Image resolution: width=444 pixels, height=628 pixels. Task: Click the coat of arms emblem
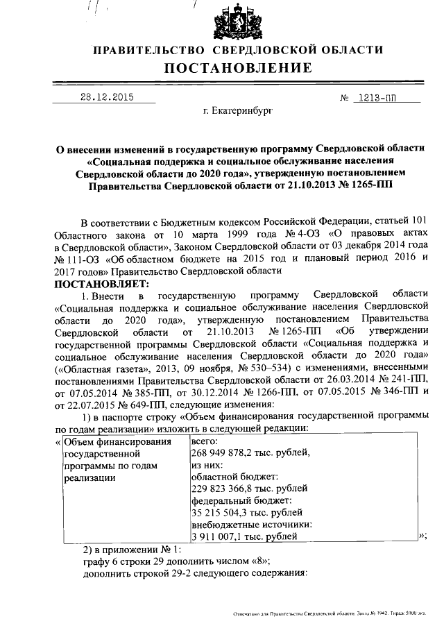[237, 22]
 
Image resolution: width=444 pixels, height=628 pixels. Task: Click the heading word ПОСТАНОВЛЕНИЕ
[238, 69]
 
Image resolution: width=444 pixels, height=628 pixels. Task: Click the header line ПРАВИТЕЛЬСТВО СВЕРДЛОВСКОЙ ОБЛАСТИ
[238, 50]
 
